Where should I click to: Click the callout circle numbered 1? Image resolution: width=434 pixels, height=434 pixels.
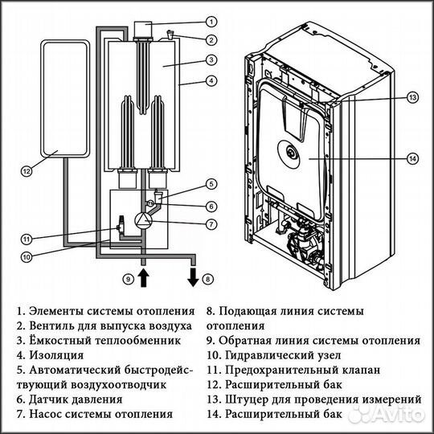211,21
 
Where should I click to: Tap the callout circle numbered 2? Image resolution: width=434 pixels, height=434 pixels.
211,39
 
